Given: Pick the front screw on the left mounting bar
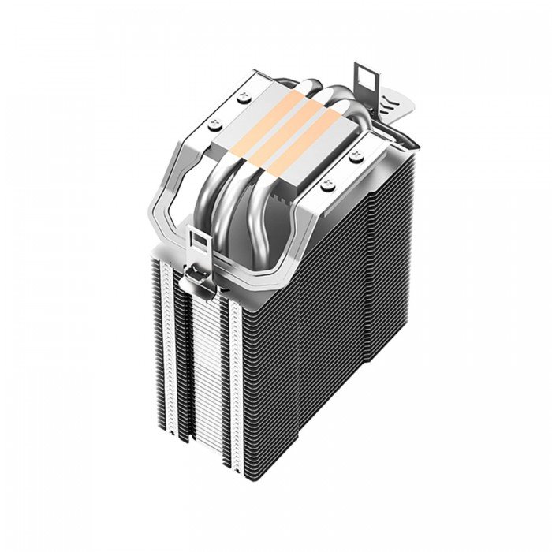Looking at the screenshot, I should click(214, 122).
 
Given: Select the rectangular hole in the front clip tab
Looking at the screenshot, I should click(199, 240).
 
